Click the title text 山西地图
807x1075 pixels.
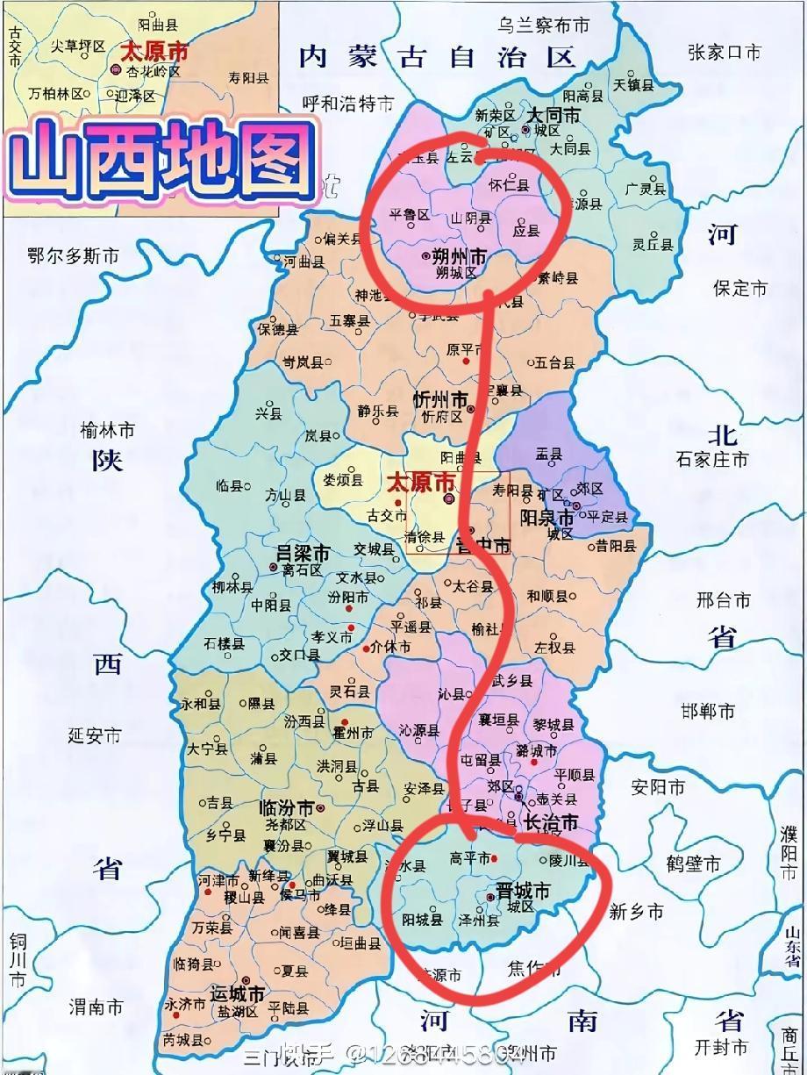[x=165, y=161]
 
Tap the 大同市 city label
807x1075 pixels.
[x=553, y=115]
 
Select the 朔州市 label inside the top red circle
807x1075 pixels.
[x=461, y=256]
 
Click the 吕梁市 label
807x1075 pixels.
[x=303, y=554]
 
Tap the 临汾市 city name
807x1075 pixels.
[x=286, y=807]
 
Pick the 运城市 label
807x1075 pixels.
[x=237, y=994]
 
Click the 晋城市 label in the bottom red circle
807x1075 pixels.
[x=523, y=892]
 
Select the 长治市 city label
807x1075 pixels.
[x=551, y=823]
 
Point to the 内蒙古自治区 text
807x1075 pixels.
[x=437, y=58]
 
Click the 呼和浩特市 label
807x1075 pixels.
[x=348, y=104]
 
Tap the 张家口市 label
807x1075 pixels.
[x=725, y=52]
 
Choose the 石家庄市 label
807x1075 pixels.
[x=712, y=459]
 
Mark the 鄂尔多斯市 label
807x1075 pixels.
[x=74, y=256]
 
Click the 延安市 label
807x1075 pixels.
[x=94, y=735]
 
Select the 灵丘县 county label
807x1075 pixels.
[x=654, y=245]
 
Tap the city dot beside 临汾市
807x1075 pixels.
[x=321, y=807]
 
